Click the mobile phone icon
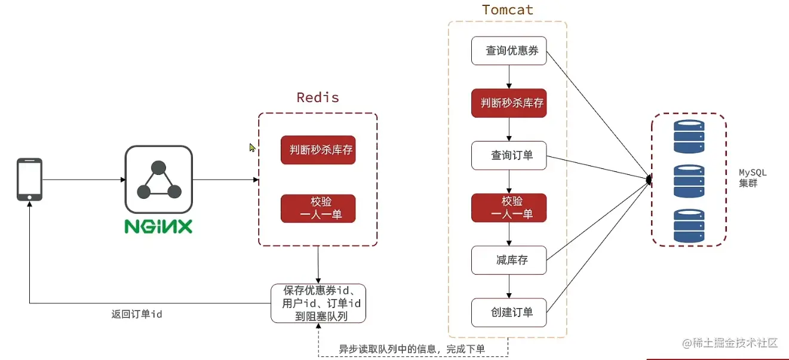coord(29,179)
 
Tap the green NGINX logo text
coord(158,226)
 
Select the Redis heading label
coord(317,97)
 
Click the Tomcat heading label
coord(507,10)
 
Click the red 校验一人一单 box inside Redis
coord(318,208)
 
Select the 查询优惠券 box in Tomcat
coord(509,51)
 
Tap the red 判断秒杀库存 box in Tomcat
coord(509,103)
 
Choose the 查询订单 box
coord(509,155)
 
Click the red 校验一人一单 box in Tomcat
coord(509,208)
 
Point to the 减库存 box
coord(509,260)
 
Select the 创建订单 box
coord(509,312)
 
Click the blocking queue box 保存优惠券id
coord(318,303)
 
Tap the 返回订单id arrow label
coord(137,314)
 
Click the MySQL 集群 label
coord(752,178)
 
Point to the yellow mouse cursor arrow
coord(252,147)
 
